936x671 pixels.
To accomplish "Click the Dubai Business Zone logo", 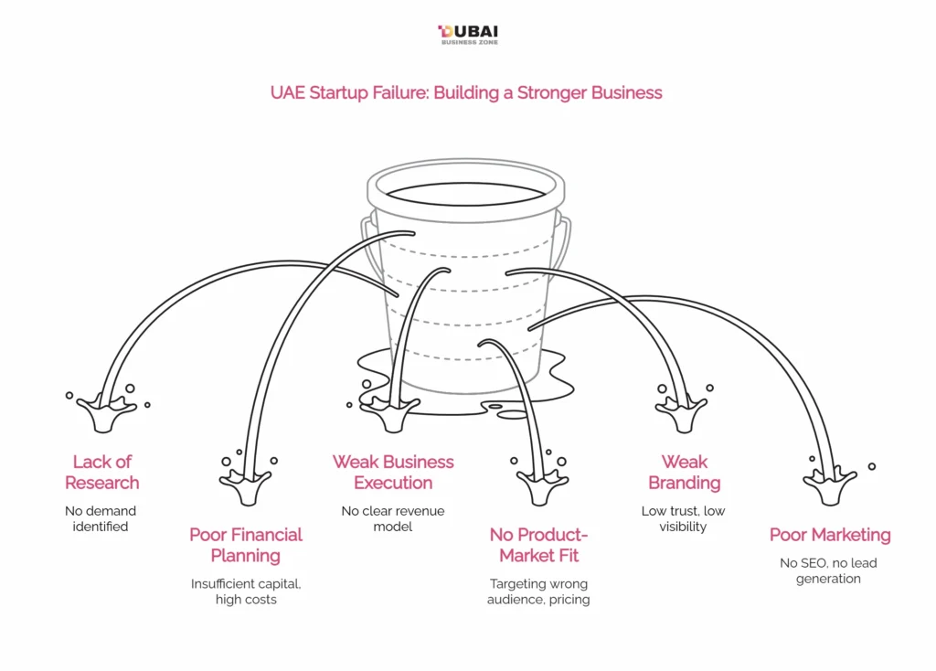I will (x=468, y=35).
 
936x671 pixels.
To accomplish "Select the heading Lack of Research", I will (x=102, y=472).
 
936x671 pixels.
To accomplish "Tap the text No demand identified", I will (x=101, y=518).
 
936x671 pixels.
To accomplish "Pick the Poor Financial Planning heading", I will (x=246, y=545).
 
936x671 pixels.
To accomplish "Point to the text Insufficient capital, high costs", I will (x=246, y=591).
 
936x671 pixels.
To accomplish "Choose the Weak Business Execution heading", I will (x=393, y=472).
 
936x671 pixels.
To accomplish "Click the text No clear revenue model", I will (x=393, y=518).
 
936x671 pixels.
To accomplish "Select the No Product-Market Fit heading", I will (x=539, y=545).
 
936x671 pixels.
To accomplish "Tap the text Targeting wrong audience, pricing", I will (x=538, y=591).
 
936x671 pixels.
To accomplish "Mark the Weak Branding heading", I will (x=685, y=472).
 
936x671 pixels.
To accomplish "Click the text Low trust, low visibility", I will (x=684, y=518).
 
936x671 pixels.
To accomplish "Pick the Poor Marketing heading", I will (x=830, y=535).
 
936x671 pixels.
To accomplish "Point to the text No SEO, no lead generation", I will (x=828, y=570).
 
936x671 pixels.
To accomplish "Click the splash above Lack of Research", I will (x=106, y=411).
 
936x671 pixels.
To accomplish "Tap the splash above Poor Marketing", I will (x=830, y=485).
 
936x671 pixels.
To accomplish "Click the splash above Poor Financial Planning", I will (x=246, y=485).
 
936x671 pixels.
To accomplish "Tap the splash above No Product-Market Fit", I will (x=543, y=485).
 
